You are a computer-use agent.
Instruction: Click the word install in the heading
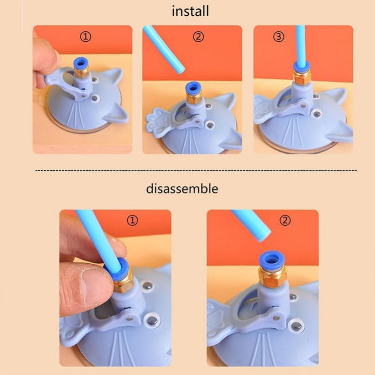(x=191, y=11)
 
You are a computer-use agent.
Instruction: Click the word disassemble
(x=182, y=189)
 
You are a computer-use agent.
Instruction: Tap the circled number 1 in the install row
(x=85, y=37)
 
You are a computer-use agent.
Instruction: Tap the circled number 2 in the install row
(x=198, y=37)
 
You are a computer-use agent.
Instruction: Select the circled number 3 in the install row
(x=279, y=37)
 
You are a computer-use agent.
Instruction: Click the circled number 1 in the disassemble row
(x=132, y=220)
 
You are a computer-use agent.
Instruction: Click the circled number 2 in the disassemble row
(x=285, y=220)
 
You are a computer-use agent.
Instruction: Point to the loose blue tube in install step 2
(x=164, y=49)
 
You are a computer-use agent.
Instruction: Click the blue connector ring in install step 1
(x=81, y=63)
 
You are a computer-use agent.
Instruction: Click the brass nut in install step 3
(x=302, y=77)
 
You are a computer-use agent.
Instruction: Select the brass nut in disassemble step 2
(x=272, y=276)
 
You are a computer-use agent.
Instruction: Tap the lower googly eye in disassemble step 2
(x=296, y=326)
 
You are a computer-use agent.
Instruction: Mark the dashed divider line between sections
(x=196, y=170)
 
